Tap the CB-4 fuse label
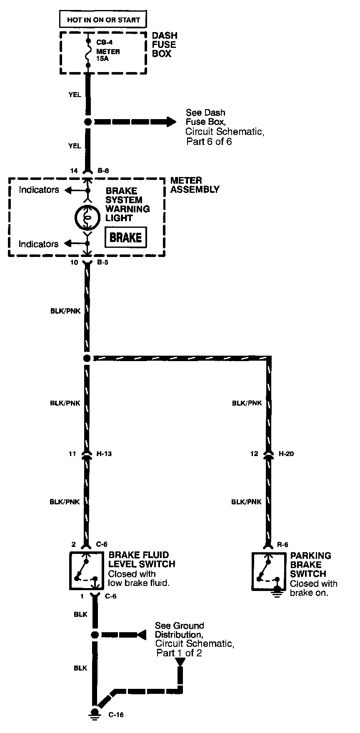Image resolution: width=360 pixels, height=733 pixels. [x=104, y=42]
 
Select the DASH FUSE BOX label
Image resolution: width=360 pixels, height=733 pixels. [x=164, y=45]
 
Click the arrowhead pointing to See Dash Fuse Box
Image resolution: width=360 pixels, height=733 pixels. [x=171, y=122]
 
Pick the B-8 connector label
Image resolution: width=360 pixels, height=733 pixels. [x=103, y=170]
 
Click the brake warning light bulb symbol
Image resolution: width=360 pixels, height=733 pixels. [x=87, y=217]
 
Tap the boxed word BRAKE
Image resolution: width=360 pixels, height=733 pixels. [x=125, y=237]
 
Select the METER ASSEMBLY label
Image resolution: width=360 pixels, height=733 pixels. [x=195, y=185]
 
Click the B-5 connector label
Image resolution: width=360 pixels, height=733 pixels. [x=103, y=263]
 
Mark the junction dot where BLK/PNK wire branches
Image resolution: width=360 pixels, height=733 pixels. [x=87, y=358]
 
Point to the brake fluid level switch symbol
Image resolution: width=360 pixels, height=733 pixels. [x=86, y=571]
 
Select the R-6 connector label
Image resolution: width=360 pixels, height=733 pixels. [x=283, y=545]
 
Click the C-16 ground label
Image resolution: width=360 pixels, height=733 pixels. [x=116, y=715]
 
